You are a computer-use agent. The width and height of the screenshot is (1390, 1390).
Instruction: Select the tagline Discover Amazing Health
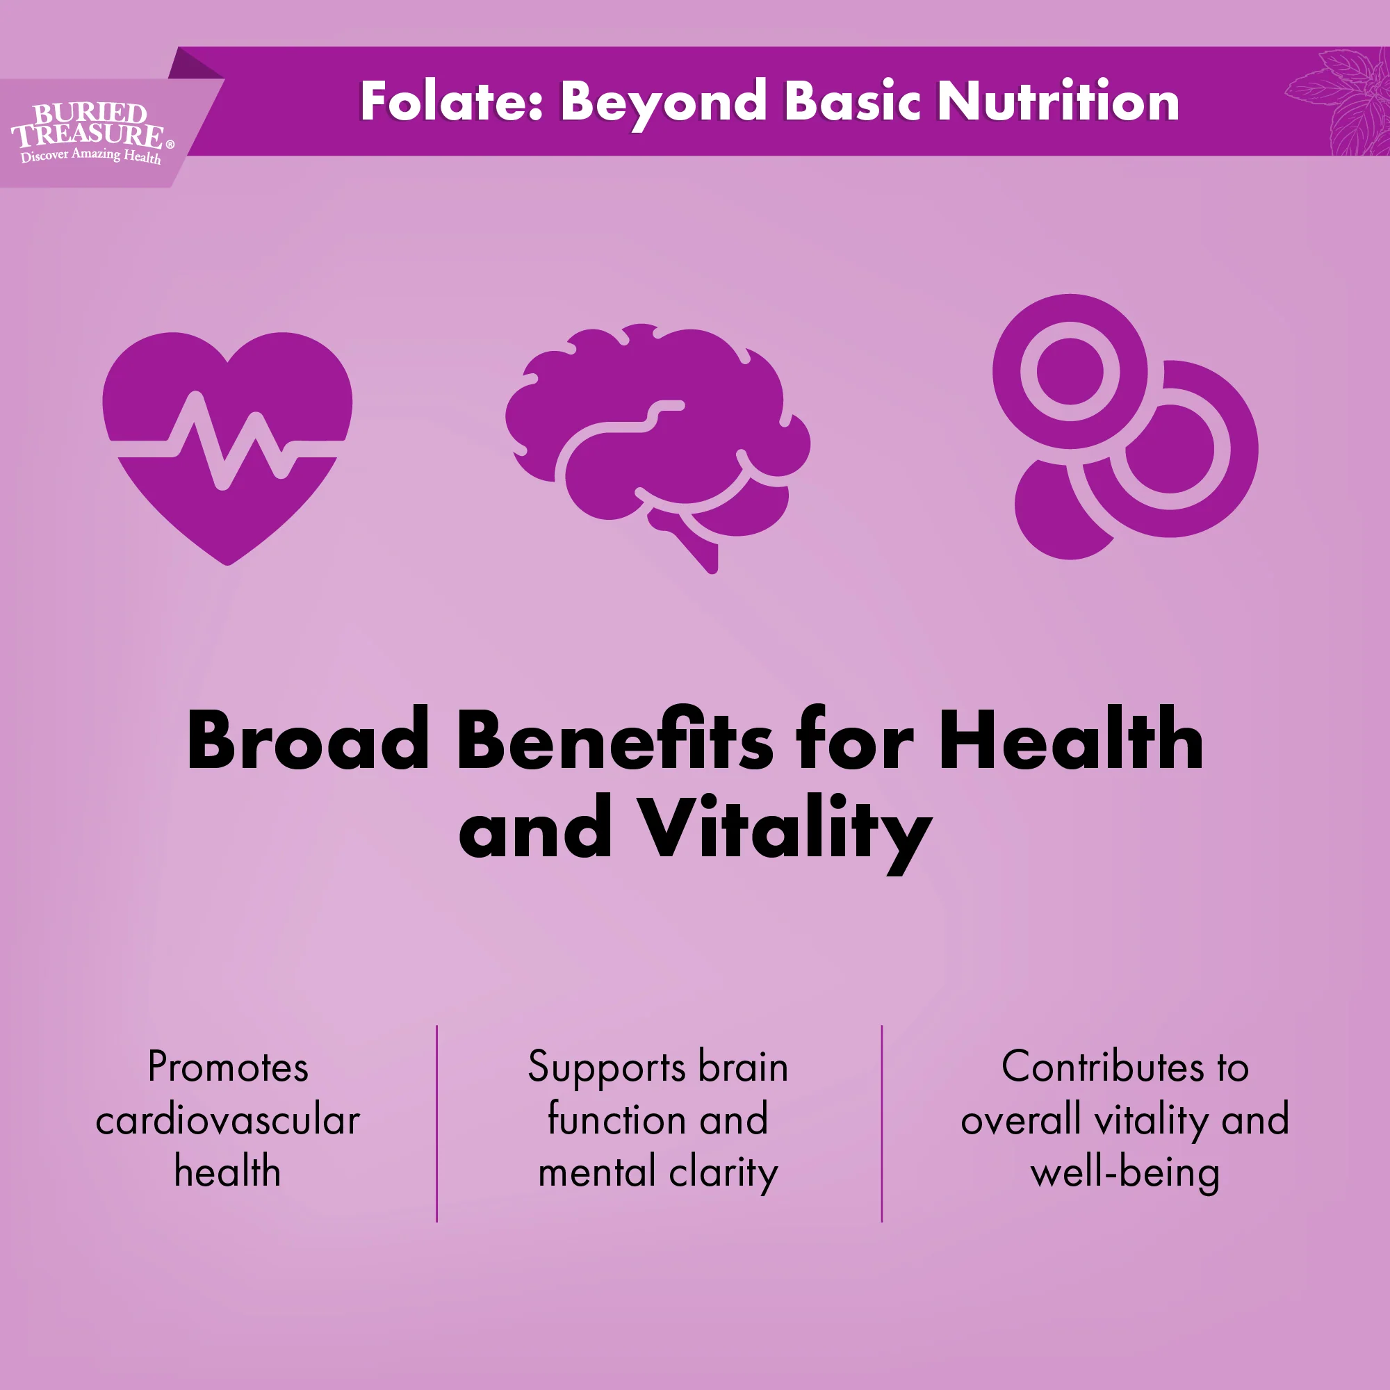coord(90,156)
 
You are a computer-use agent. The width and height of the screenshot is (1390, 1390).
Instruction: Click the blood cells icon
coord(1124,426)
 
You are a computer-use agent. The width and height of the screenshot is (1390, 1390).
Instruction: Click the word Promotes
coord(227,1066)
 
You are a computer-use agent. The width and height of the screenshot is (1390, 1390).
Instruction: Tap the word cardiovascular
coord(227,1120)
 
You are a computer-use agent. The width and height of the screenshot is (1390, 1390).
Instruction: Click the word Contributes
coord(1101,1066)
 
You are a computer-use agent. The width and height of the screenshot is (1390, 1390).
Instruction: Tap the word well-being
coord(1125,1173)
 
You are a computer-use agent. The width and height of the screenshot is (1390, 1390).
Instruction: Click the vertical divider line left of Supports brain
coord(436,1122)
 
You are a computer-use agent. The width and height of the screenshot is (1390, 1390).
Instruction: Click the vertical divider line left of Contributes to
coord(881,1122)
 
